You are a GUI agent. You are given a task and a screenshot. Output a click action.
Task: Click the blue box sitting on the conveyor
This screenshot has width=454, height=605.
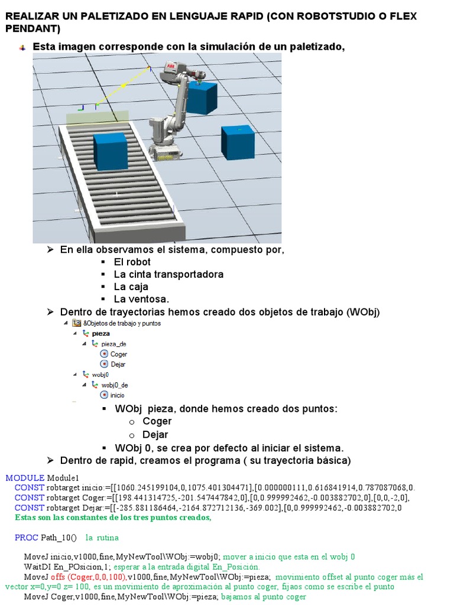point(110,152)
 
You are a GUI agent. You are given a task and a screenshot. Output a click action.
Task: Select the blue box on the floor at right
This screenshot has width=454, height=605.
point(238,142)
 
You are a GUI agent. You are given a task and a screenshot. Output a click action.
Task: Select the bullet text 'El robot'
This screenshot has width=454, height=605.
point(132,262)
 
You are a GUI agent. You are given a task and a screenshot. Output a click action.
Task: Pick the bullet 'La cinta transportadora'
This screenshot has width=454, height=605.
point(168,274)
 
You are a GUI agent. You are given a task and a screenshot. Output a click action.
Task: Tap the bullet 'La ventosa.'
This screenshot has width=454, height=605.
point(141,299)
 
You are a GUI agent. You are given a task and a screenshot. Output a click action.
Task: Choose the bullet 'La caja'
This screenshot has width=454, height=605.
point(131,287)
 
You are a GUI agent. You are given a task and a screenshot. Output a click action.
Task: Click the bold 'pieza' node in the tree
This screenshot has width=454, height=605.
point(100,333)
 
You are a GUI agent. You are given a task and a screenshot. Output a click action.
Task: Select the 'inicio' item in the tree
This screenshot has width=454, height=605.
point(117,395)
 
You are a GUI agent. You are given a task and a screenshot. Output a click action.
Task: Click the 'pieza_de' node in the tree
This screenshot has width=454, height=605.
point(113,344)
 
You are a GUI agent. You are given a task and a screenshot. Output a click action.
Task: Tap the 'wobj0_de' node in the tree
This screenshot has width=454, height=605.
point(114,385)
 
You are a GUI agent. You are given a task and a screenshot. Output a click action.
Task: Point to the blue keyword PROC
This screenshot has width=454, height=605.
point(26,538)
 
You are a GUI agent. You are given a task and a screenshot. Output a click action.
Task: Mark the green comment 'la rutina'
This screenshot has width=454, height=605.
point(102,538)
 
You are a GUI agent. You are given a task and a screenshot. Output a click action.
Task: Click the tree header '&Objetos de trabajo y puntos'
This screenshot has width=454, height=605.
point(122,323)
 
